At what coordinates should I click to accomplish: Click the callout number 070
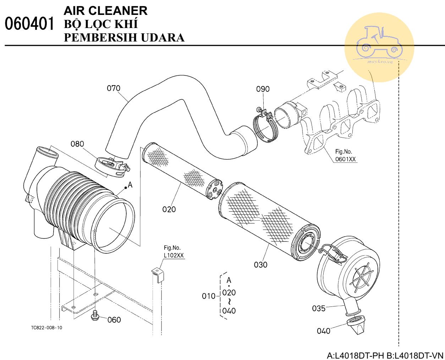pyautogui.click(x=114, y=88)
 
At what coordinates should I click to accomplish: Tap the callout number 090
pyautogui.click(x=263, y=89)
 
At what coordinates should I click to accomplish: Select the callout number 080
pyautogui.click(x=77, y=144)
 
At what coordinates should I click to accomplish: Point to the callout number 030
pyautogui.click(x=261, y=265)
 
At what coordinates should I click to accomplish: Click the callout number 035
pyautogui.click(x=319, y=308)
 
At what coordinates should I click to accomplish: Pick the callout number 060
pyautogui.click(x=114, y=320)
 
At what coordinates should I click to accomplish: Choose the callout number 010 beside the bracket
pyautogui.click(x=209, y=296)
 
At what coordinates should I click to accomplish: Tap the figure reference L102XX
pyautogui.click(x=174, y=255)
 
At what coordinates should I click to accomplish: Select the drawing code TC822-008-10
pyautogui.click(x=46, y=327)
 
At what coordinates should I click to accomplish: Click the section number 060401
pyautogui.click(x=30, y=24)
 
